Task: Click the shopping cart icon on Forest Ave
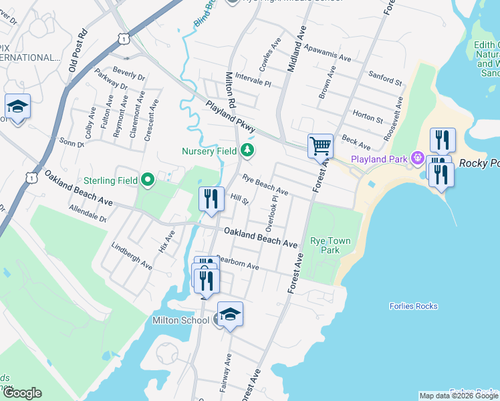point(320,145)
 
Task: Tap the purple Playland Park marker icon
point(418,158)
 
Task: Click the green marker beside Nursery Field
point(248,151)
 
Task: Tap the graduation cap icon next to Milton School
point(229,315)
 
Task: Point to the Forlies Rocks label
point(413,306)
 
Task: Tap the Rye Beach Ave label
point(265,185)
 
